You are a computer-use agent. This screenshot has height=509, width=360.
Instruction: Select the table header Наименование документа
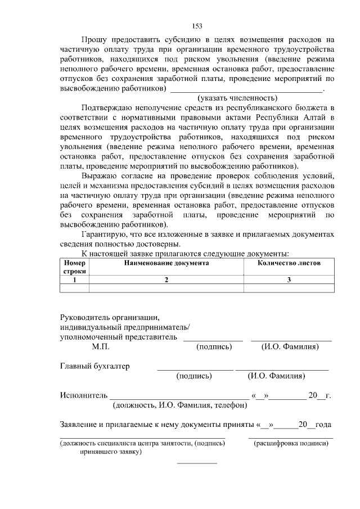(x=166, y=263)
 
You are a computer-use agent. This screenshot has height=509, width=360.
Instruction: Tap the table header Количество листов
(x=289, y=263)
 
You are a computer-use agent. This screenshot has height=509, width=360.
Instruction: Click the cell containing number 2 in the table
(x=166, y=280)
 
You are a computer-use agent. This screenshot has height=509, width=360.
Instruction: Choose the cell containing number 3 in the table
(x=289, y=280)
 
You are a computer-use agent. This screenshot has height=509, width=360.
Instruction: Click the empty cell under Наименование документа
(x=166, y=288)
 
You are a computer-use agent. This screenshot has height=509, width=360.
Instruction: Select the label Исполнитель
(x=83, y=395)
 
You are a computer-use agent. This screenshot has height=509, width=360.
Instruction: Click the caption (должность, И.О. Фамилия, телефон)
(x=180, y=404)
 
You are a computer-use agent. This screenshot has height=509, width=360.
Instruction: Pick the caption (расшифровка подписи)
(x=291, y=443)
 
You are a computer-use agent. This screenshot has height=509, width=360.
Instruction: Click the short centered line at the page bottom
(x=197, y=463)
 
